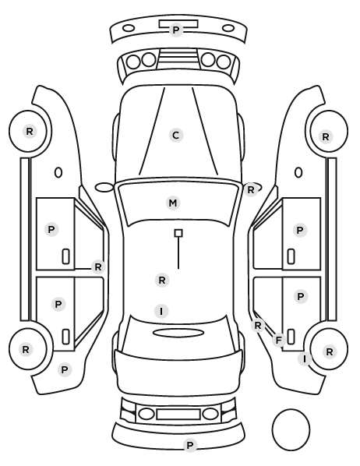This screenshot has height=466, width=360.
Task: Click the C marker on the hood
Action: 175,136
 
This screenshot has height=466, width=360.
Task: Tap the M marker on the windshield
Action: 173,203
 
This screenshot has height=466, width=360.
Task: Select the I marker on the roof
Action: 161,311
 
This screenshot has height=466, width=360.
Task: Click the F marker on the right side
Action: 278,340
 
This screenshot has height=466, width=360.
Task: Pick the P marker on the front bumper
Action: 175,30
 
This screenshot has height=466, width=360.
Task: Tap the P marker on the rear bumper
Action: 189,445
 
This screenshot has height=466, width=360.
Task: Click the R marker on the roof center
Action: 162,280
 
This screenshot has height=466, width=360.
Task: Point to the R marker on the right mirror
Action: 251,189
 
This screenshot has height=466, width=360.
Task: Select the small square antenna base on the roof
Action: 178,233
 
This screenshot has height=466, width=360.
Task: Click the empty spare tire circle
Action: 291,429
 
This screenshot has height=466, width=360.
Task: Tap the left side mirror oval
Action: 104,188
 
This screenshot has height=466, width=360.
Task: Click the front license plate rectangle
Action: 178,24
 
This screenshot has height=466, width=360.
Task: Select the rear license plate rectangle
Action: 178,414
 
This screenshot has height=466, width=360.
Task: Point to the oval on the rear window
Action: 178,333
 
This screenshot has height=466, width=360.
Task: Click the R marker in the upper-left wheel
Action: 30,131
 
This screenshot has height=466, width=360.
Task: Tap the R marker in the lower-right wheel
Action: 330,352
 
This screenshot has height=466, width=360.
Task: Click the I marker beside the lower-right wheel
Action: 305,359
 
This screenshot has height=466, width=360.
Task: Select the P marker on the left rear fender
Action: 65,369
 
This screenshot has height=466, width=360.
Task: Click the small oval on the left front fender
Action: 58,172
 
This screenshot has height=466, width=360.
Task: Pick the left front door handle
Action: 66,256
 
